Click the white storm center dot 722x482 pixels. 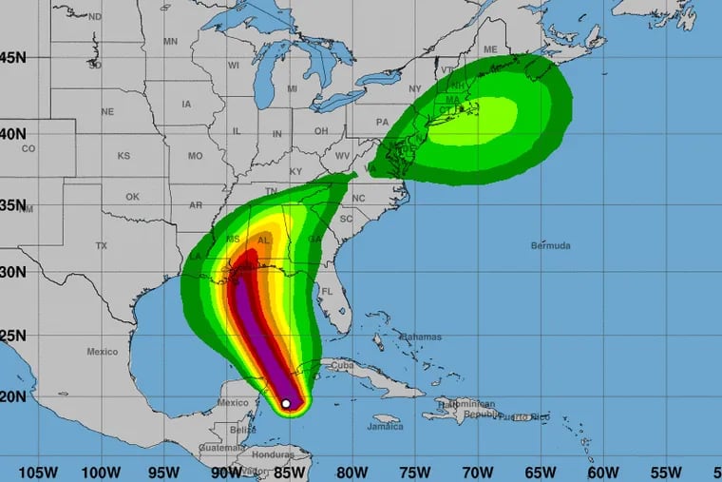pyautogui.click(x=286, y=403)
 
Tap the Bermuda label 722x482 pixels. pyautogui.click(x=552, y=245)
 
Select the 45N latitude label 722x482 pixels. pyautogui.click(x=13, y=57)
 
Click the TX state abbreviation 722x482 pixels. pyautogui.click(x=102, y=245)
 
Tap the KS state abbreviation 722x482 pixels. pyautogui.click(x=123, y=155)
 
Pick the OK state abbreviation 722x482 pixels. pyautogui.click(x=132, y=197)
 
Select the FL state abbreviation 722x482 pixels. pyautogui.click(x=325, y=291)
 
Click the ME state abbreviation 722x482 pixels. pyautogui.click(x=490, y=49)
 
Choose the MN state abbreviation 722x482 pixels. pyautogui.click(x=170, y=41)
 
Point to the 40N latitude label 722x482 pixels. pyautogui.click(x=13, y=133)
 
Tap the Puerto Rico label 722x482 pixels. pyautogui.click(x=527, y=416)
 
